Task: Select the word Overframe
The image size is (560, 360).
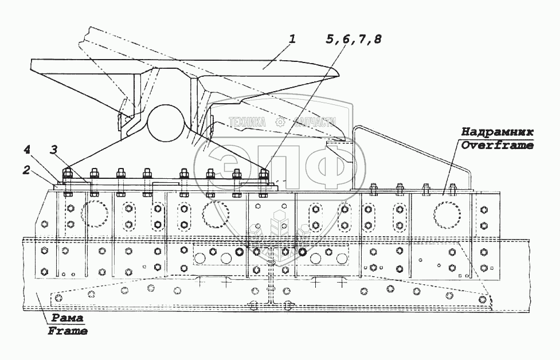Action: pos(497,146)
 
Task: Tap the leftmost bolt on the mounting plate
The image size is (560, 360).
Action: pos(66,174)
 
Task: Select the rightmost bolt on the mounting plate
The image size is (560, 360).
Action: pos(264,174)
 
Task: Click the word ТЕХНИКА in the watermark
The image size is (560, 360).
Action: pos(247,122)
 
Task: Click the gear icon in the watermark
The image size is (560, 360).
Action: pos(280,122)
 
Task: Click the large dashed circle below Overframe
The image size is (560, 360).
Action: pos(447,214)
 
